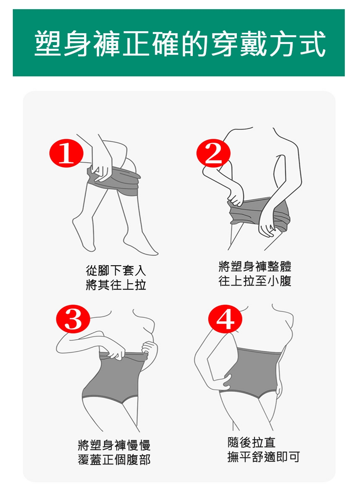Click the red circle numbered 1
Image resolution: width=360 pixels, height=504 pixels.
point(66,153)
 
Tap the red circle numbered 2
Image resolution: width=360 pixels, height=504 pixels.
point(213,153)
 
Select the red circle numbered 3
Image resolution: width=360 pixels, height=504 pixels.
point(73,319)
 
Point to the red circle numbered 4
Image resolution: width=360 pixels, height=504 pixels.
point(225,319)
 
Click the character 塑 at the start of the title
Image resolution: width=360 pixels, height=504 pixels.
point(48,43)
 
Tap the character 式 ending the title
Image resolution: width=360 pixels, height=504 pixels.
point(312,43)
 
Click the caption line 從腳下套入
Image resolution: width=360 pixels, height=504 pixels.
point(116,270)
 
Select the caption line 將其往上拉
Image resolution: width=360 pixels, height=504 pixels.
point(116,285)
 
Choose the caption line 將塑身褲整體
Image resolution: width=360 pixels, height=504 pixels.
point(255,266)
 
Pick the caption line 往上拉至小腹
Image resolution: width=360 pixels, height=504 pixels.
point(255,281)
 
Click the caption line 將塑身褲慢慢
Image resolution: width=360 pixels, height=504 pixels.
point(114,445)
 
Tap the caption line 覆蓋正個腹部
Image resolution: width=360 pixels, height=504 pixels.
point(114,460)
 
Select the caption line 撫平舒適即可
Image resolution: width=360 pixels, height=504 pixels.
point(264,457)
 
